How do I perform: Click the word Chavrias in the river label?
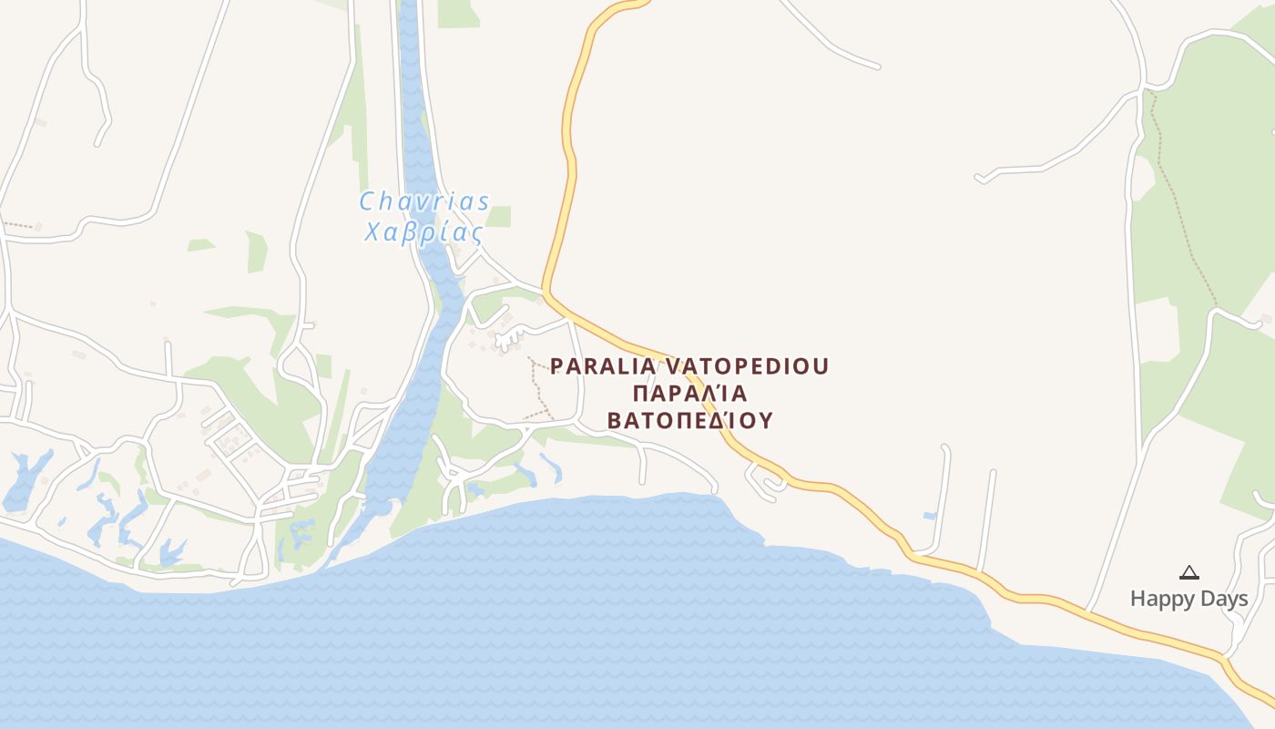(x=424, y=201)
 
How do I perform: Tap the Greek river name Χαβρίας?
(x=423, y=232)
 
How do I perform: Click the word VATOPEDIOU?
(x=748, y=366)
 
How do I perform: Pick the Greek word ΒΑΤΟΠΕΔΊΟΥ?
(x=689, y=421)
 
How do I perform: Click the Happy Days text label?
(x=1188, y=599)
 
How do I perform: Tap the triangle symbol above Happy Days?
(x=1188, y=573)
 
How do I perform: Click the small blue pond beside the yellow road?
(x=929, y=516)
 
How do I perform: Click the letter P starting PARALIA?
(x=557, y=366)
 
